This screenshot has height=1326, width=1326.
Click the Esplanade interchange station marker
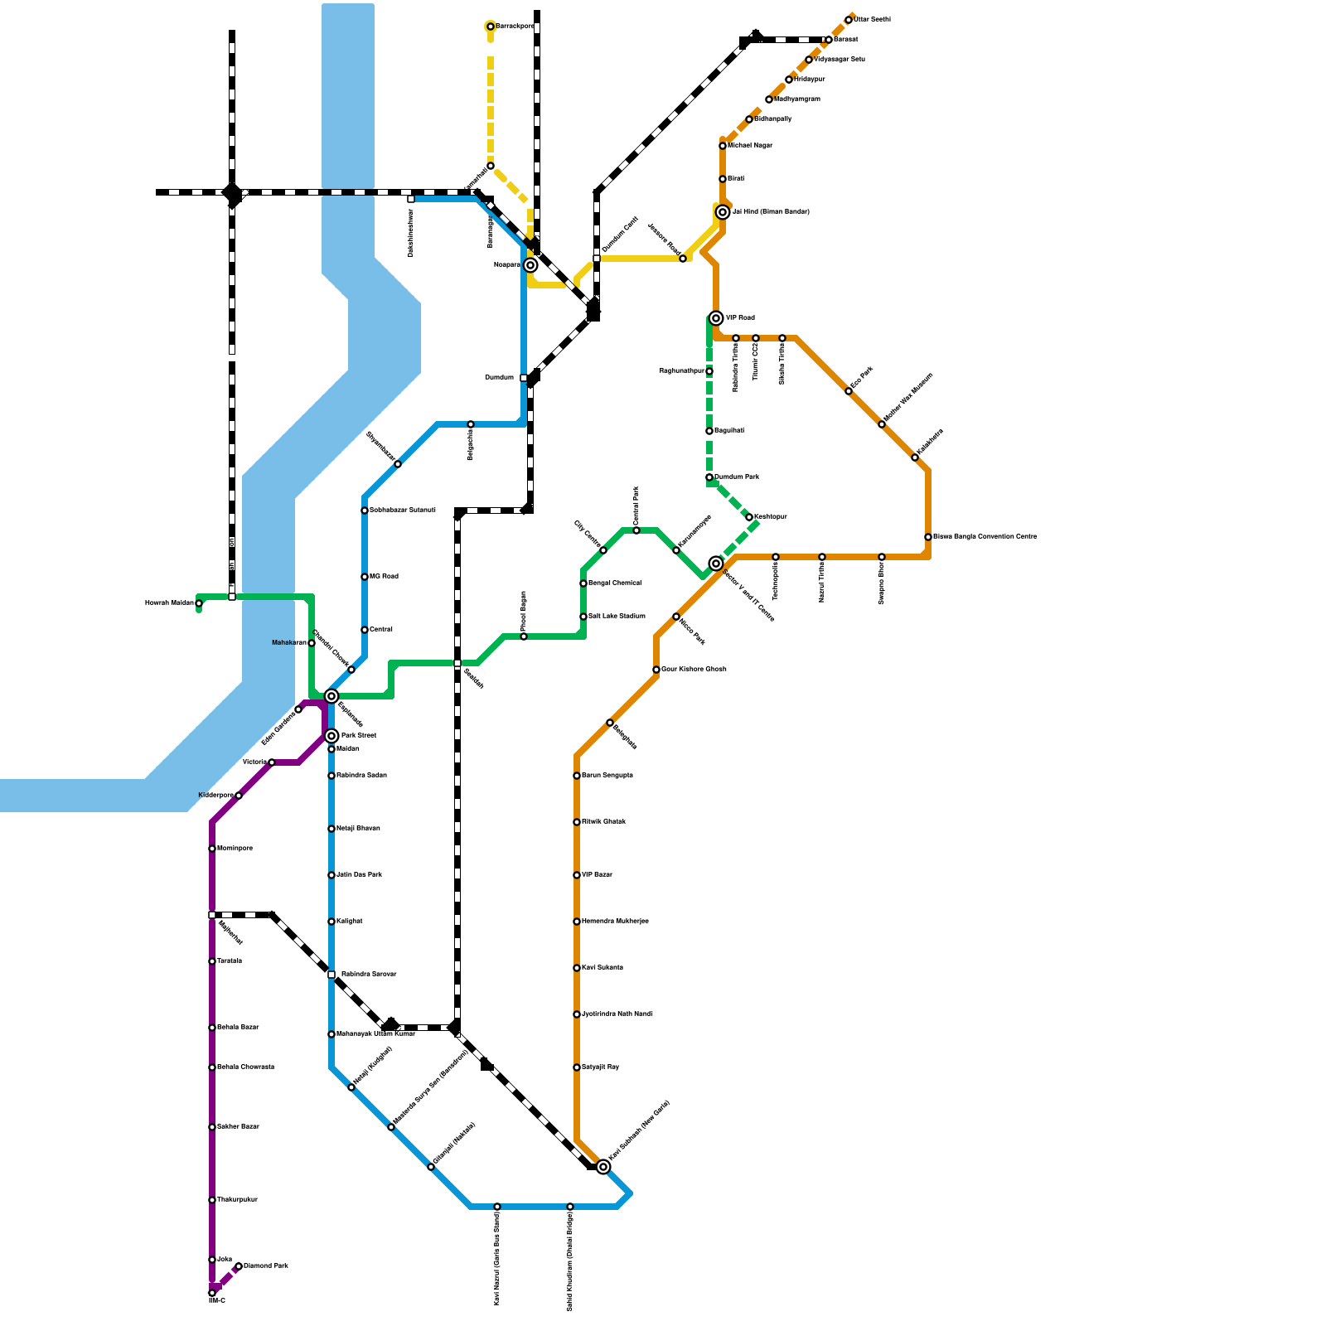coord(331,696)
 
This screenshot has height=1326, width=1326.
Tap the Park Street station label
coord(358,736)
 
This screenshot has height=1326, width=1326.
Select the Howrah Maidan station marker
coord(199,603)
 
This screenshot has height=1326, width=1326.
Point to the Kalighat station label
coord(349,922)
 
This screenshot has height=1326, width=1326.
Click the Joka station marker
coord(212,1260)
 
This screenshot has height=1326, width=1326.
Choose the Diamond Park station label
coord(266,1266)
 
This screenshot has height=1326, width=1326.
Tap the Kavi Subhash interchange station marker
coord(603,1167)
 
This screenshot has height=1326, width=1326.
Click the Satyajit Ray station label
coord(600,1067)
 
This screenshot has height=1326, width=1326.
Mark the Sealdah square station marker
coord(457,663)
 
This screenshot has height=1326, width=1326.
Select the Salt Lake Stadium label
coord(617,617)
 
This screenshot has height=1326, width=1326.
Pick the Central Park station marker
coord(636,530)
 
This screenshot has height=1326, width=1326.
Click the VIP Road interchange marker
coord(716,318)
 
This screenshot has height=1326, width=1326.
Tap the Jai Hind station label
coord(770,212)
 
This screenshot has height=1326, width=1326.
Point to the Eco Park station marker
coord(849,391)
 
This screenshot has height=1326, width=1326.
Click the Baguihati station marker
coord(709,431)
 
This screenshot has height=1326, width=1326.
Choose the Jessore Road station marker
coord(683,259)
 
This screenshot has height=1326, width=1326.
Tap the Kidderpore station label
coord(216,796)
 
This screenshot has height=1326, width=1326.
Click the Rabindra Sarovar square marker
coord(331,975)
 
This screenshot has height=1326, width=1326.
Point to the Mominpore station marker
coord(212,849)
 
